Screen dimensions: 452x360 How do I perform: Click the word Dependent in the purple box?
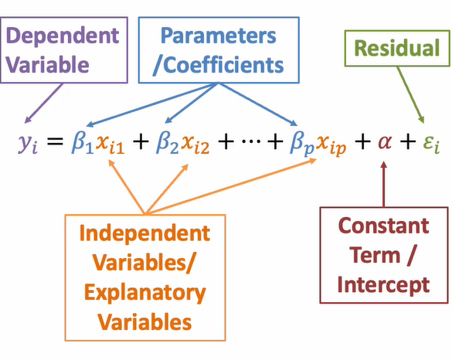(x=63, y=36)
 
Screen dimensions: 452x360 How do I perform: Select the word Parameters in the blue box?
(x=218, y=36)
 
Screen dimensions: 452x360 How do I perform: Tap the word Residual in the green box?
(x=397, y=48)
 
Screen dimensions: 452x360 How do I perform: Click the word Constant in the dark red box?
(x=384, y=226)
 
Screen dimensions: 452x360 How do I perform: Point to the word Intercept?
(x=384, y=284)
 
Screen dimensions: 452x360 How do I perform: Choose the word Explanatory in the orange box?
(x=145, y=294)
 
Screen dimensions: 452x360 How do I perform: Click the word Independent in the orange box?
(x=144, y=233)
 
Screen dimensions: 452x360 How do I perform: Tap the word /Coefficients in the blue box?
(x=218, y=65)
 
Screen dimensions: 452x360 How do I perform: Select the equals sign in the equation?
(x=55, y=141)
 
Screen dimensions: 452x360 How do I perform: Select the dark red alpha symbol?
(x=385, y=142)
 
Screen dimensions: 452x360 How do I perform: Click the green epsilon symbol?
(x=432, y=144)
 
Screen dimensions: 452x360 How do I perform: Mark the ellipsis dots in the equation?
(x=251, y=141)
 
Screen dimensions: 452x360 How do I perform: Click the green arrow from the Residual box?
(x=410, y=95)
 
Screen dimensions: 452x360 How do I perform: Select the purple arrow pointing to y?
(x=44, y=104)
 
